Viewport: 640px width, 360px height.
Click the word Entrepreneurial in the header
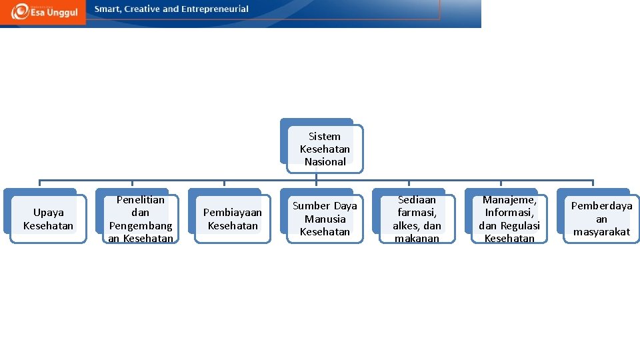pos(213,9)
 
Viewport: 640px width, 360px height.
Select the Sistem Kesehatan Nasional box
pos(325,149)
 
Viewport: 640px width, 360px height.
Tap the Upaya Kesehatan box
pos(48,219)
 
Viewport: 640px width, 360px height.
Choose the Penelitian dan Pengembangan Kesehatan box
pos(141,219)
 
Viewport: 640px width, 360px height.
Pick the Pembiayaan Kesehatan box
pos(233,219)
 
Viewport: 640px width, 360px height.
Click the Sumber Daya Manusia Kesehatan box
pos(325,219)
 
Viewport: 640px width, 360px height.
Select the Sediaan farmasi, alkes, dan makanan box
pos(417,219)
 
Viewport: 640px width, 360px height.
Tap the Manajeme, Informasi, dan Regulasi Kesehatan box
pos(509,219)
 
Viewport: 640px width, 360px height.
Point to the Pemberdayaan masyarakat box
pos(601,219)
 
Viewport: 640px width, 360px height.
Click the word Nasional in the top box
pos(325,161)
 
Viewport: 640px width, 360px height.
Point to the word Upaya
pos(49,213)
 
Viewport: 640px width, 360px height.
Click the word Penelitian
pos(141,199)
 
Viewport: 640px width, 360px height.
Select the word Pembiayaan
pos(233,213)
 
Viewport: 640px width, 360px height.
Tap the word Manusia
pos(325,219)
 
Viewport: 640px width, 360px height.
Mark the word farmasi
pos(417,213)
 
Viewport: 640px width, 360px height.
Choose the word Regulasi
pos(521,225)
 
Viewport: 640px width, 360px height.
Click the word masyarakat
pos(601,232)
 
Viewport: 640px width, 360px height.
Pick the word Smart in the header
pos(108,9)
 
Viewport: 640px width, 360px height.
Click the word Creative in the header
pos(141,9)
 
